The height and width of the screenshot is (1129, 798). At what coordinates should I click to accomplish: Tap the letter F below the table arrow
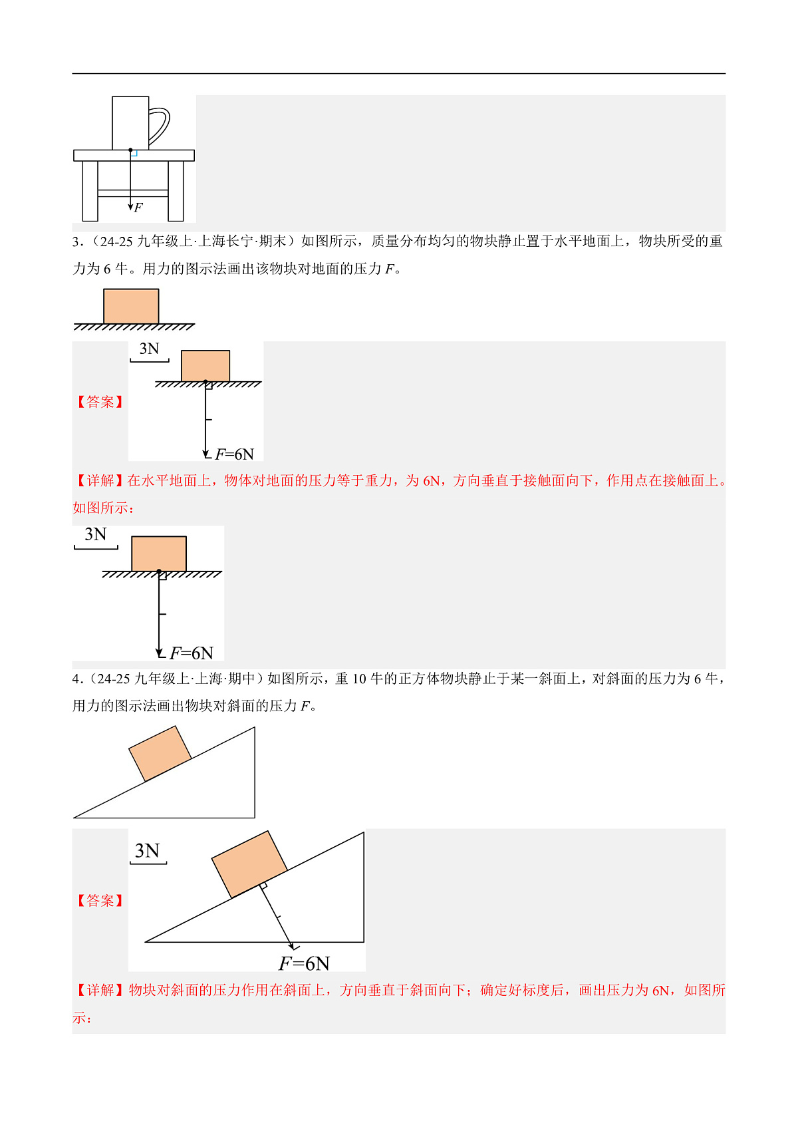coord(138,208)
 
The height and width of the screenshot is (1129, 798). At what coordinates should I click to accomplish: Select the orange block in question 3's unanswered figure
coord(131,306)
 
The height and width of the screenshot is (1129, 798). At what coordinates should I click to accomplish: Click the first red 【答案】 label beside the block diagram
coord(100,402)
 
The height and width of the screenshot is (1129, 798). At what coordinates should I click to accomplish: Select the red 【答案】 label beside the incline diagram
coord(100,901)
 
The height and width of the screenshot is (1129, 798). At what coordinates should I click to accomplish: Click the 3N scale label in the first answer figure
coord(150,349)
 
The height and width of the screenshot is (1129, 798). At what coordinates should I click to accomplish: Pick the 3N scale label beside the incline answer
coord(147,852)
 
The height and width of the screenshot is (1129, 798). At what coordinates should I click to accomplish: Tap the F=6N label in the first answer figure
coord(235,454)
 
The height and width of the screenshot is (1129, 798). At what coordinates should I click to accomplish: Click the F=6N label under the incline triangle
coord(304,963)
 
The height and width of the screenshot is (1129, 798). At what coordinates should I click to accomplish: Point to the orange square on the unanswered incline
coord(160,753)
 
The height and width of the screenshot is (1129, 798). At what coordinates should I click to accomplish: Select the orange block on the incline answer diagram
coord(249,864)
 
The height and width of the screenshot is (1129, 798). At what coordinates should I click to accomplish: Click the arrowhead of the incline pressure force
coord(292,946)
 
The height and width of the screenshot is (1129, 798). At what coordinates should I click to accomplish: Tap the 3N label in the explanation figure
coord(96,535)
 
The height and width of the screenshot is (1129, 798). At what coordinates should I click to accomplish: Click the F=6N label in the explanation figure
coord(192,653)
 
